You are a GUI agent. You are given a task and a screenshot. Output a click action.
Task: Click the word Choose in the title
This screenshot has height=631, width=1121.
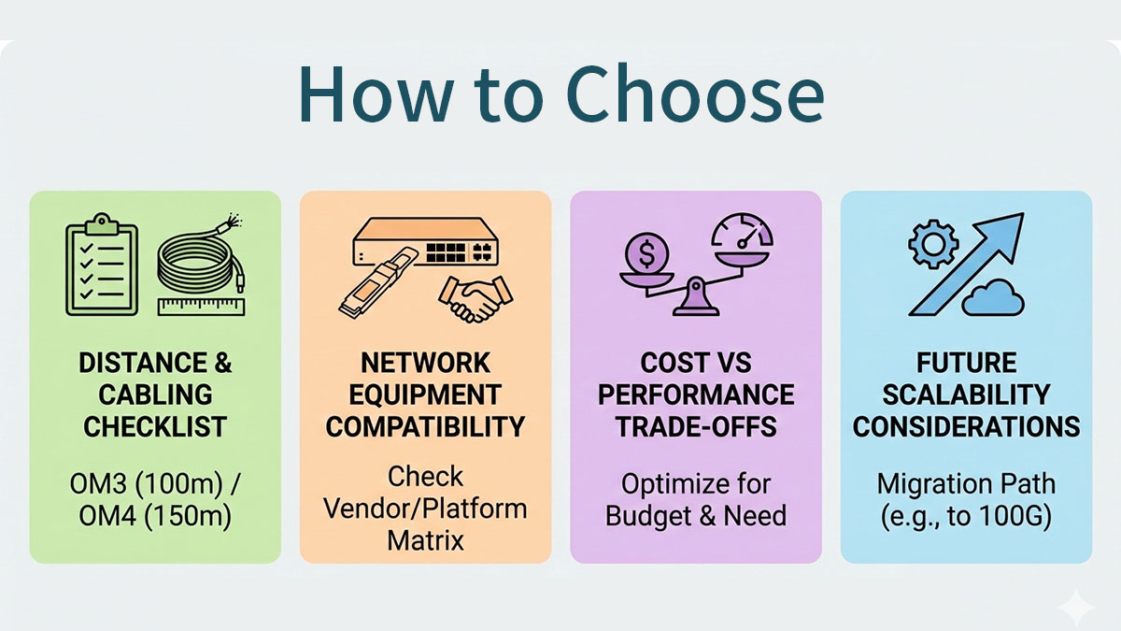click(693, 94)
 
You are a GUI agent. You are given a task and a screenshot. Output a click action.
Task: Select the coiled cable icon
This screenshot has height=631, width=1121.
click(197, 261)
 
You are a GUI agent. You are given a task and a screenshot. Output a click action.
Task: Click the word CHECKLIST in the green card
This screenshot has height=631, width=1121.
click(155, 427)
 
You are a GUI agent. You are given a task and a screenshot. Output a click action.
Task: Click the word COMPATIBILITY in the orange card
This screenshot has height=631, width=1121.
click(425, 427)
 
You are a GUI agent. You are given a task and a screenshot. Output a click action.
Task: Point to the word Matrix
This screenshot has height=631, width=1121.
click(425, 540)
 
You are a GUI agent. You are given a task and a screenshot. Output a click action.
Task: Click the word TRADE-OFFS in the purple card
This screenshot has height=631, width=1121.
click(696, 427)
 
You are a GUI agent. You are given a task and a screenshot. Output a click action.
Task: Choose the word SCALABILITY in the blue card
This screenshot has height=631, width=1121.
click(966, 394)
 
